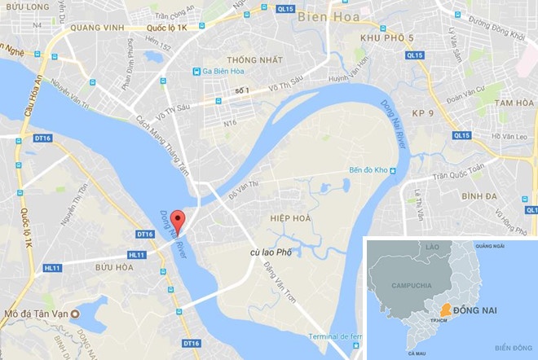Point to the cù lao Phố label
click(271, 253)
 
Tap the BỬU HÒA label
click(113, 267)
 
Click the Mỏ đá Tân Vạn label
click(37, 314)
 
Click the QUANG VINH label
click(96, 28)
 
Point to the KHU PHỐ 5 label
click(386, 38)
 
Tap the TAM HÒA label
click(513, 103)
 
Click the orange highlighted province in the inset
click(444, 310)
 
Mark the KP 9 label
click(423, 112)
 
